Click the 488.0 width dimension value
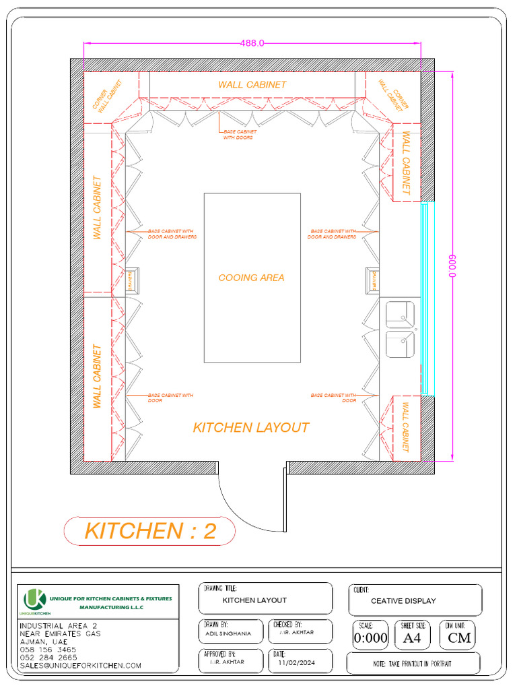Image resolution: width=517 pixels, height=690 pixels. tap(252, 43)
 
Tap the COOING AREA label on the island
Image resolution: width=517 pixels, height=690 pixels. tap(251, 278)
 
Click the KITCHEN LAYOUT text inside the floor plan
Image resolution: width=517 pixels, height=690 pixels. tap(251, 427)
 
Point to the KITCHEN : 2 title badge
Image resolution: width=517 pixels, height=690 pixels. tap(150, 531)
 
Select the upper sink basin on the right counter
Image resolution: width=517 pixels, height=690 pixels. tap(400, 314)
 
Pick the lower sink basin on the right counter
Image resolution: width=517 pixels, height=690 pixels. tap(400, 344)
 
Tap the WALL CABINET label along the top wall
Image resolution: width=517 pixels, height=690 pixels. tap(252, 85)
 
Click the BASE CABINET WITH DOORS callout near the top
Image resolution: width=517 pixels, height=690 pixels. tap(238, 134)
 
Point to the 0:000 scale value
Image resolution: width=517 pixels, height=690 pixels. tap(371, 638)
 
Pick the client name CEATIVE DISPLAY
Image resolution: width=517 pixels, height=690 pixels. tap(403, 600)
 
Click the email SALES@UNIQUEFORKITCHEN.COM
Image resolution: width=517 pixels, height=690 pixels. tap(80, 665)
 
